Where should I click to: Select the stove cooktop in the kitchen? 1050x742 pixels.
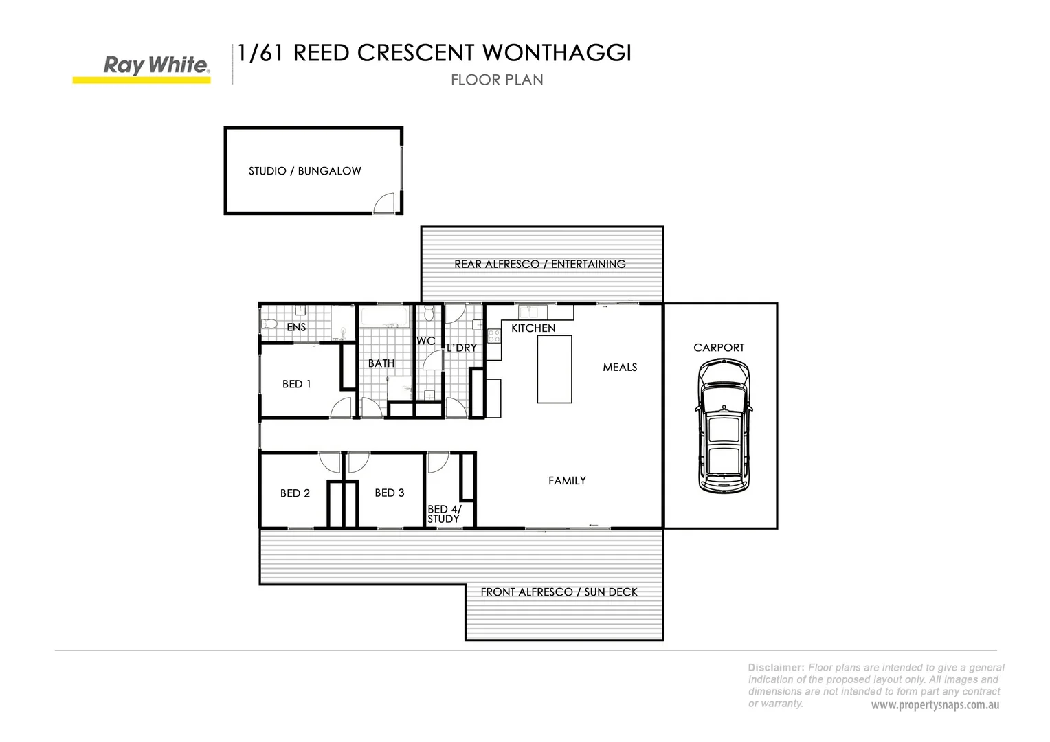[x=493, y=335]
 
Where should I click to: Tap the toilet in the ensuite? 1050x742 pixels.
[x=269, y=323]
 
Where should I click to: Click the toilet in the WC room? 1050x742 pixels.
[x=429, y=314]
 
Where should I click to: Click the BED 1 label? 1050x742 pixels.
[x=296, y=384]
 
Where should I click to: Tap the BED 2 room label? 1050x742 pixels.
[x=295, y=493]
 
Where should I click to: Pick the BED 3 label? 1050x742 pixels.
[x=389, y=493]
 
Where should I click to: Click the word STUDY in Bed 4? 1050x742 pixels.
[x=443, y=519]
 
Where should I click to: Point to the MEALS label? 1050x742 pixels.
[x=620, y=368]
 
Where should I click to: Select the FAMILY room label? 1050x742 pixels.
[x=567, y=481]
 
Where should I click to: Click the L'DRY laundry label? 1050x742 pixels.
[x=461, y=348]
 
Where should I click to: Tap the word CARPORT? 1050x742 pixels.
[x=719, y=348]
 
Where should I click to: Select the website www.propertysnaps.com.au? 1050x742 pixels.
[x=935, y=706]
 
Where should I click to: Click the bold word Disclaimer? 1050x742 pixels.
[x=776, y=667]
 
